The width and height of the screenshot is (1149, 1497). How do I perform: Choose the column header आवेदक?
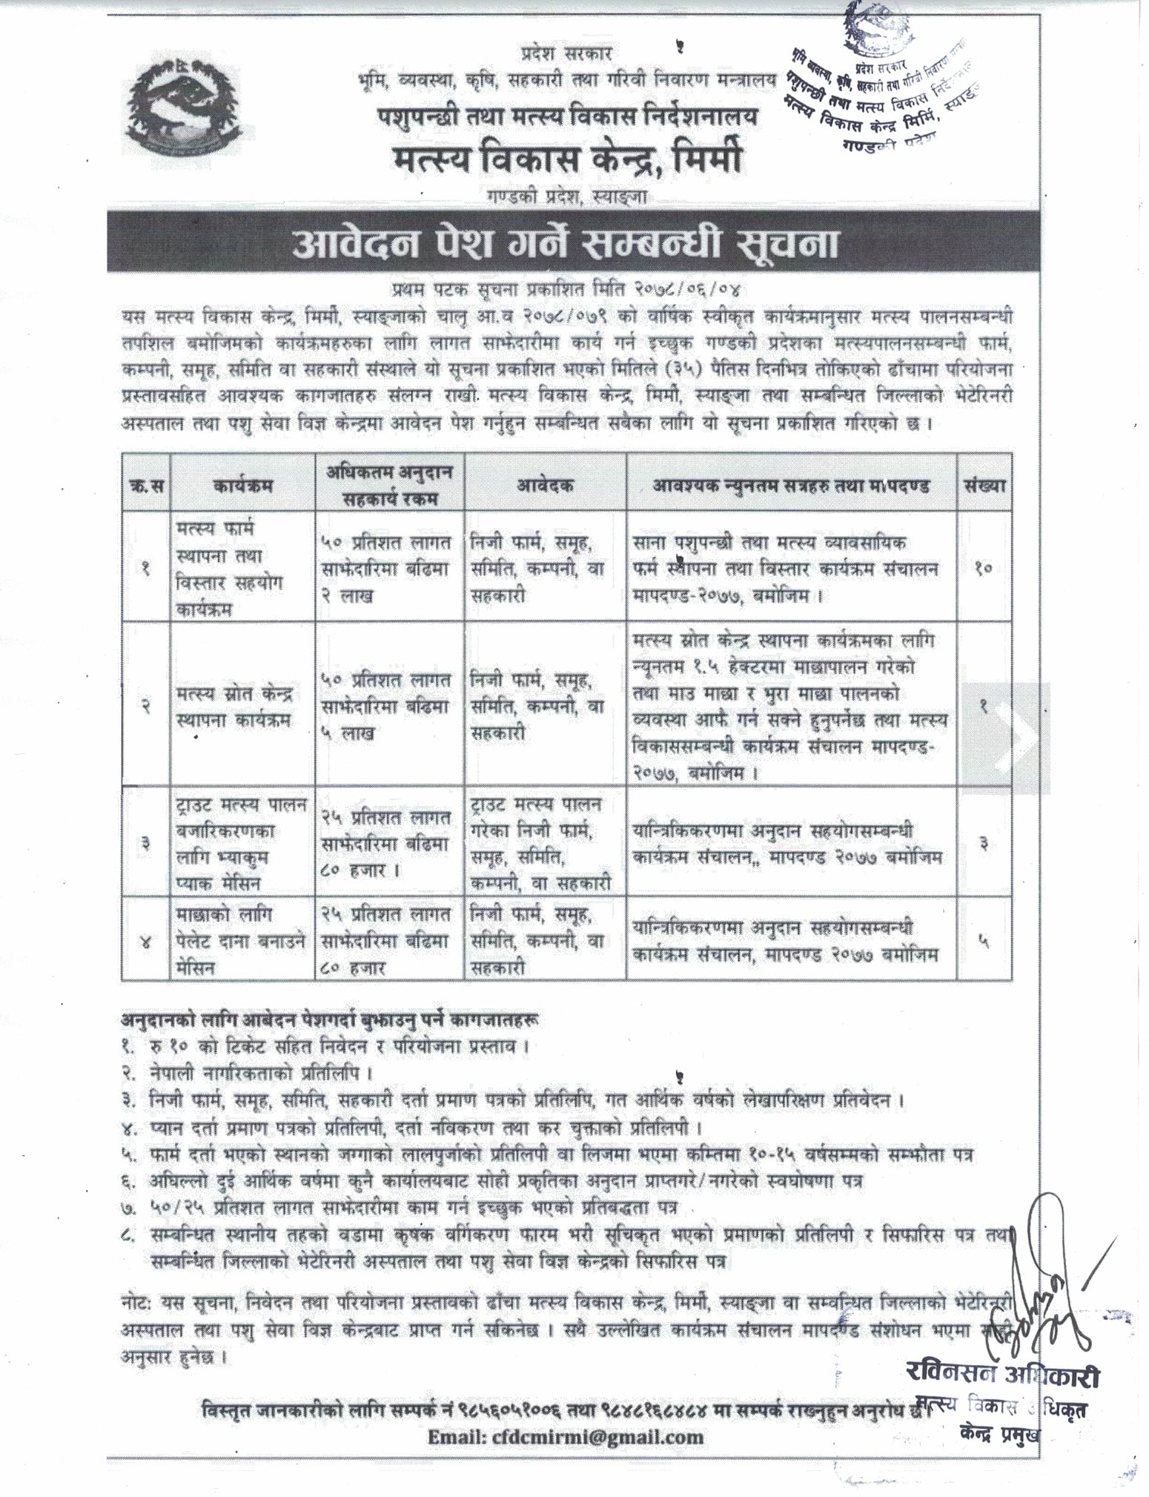point(545,487)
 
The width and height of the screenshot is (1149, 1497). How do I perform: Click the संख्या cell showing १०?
point(984,569)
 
